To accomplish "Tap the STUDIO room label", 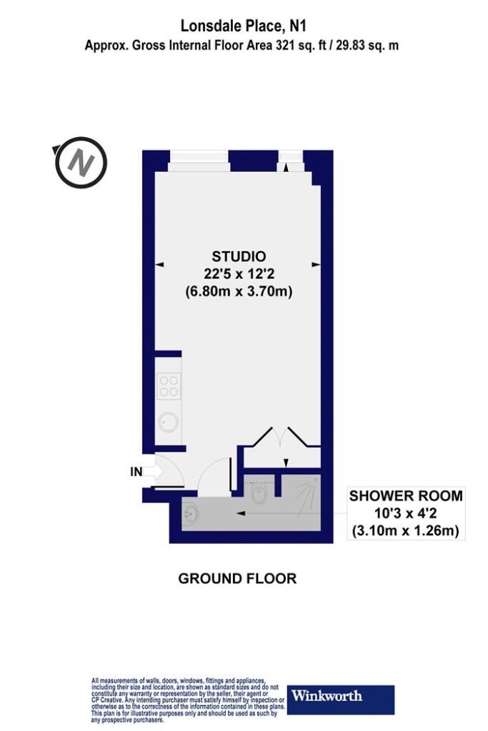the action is click(x=239, y=256).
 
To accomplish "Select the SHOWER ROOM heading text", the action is click(x=406, y=495).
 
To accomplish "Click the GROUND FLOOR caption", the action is click(x=237, y=578).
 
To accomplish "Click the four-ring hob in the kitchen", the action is click(x=169, y=386).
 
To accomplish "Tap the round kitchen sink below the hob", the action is click(x=168, y=423).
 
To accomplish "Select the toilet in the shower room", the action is click(x=258, y=491).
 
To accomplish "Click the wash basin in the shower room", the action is click(x=191, y=515).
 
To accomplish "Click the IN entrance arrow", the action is click(x=153, y=473).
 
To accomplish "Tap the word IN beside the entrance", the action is click(x=136, y=473).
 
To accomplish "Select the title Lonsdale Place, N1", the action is click(x=244, y=26).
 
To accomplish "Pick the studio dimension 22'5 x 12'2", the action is click(x=239, y=274).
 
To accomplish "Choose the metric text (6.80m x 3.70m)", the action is click(x=239, y=292).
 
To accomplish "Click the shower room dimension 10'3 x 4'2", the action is click(x=406, y=513).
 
